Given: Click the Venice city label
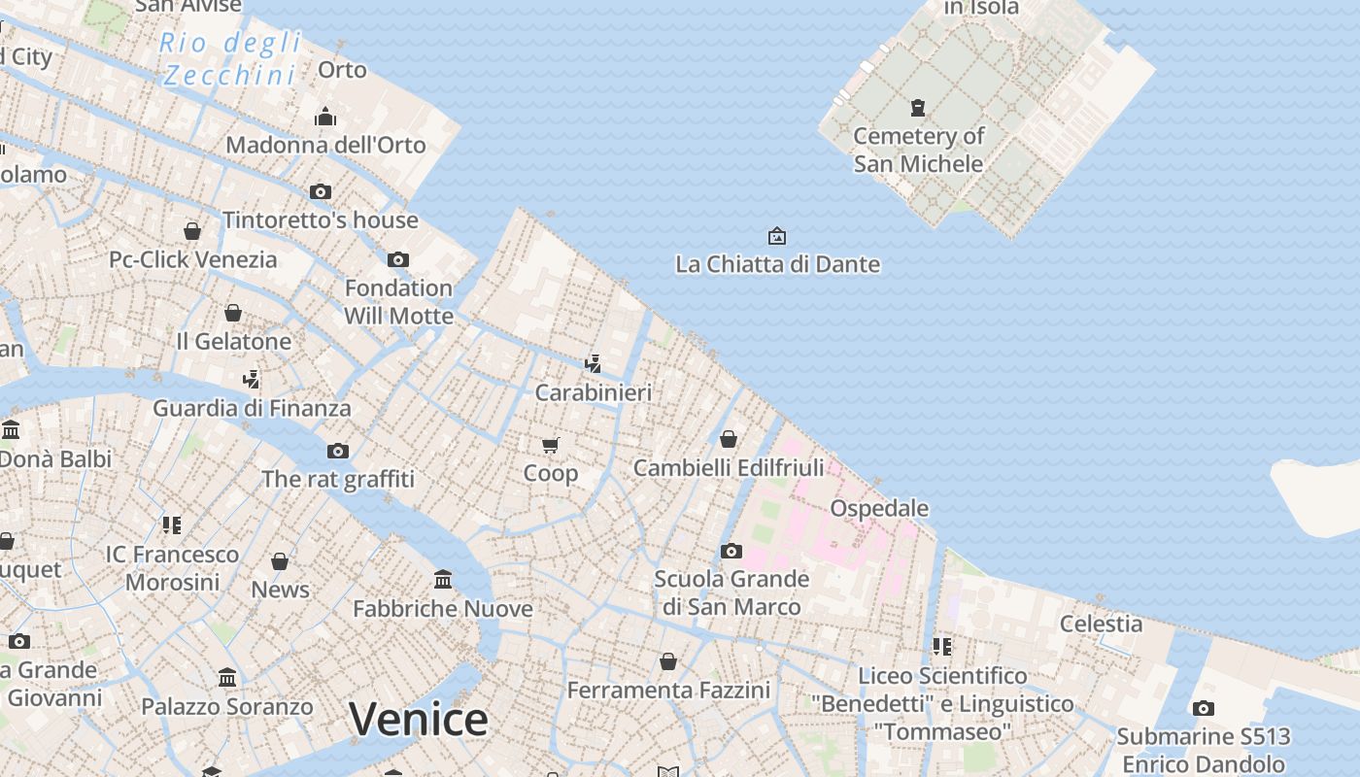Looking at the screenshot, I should tap(418, 720).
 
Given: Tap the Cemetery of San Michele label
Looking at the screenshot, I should tap(918, 150).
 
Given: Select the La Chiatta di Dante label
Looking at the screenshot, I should tap(777, 264).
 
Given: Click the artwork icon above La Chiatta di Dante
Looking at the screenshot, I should tap(777, 236).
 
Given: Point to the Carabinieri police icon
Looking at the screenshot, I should tap(593, 364).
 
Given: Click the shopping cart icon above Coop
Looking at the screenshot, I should tap(551, 446).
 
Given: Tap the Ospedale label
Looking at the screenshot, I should tap(879, 508).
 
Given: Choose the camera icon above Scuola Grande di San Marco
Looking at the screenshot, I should tap(731, 552).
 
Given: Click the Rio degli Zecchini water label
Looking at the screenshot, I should tap(230, 58).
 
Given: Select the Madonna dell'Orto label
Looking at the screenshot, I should tap(325, 145).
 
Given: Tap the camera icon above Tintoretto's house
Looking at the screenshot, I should tap(321, 191).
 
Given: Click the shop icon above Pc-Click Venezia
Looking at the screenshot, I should tap(192, 231).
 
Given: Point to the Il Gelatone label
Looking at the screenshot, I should tap(233, 341).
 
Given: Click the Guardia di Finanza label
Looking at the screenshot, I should tap(252, 408).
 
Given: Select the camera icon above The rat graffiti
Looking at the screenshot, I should tap(338, 451).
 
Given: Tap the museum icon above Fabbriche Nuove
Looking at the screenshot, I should tap(443, 580).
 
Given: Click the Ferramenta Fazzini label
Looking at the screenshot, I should tap(668, 690).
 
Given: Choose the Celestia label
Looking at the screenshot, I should tap(1101, 624).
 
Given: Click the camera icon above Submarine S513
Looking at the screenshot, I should tap(1204, 708).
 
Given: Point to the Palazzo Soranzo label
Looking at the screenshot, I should tap(227, 706).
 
